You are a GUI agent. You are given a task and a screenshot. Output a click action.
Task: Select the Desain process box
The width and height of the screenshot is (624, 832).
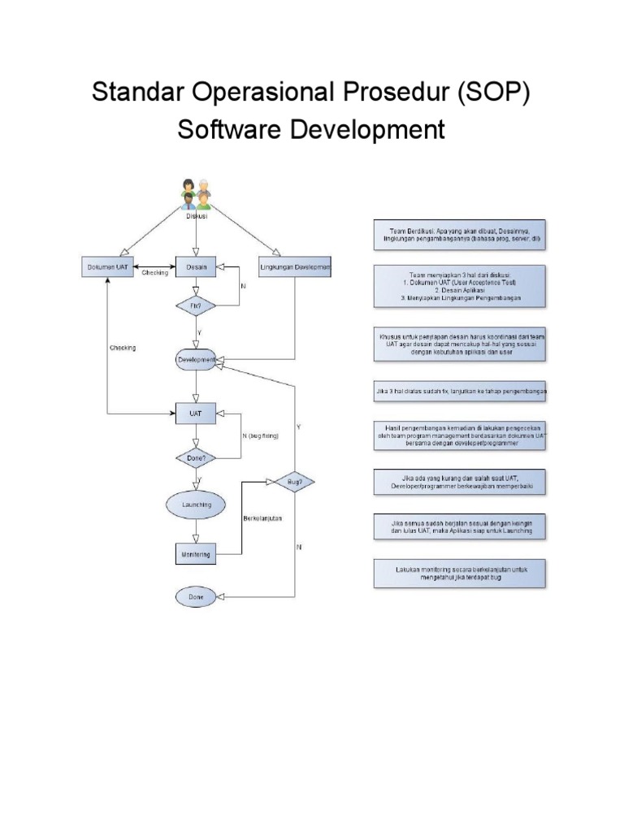(196, 267)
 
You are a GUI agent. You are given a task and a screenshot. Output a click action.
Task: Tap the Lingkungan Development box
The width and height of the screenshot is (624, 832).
(294, 267)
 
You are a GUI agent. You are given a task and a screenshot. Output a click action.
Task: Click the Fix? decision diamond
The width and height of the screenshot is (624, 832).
(196, 305)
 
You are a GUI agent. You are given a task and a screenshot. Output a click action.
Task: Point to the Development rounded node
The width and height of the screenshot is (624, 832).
(196, 359)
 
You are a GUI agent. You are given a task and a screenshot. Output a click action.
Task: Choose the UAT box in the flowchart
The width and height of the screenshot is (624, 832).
(196, 414)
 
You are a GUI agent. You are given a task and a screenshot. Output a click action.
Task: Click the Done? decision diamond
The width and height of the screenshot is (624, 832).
(196, 457)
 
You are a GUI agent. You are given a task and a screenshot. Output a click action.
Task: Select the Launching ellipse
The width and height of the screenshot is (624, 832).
(196, 504)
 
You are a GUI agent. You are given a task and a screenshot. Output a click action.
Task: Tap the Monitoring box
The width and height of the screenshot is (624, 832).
(196, 554)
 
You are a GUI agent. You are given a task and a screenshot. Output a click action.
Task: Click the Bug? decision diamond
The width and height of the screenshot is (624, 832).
(294, 483)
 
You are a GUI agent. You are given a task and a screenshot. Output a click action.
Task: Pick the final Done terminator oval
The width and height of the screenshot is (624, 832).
(196, 597)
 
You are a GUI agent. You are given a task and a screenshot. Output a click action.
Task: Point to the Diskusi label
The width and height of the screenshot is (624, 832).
(197, 216)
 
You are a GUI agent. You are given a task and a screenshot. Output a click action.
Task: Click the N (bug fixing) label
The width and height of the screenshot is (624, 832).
(260, 436)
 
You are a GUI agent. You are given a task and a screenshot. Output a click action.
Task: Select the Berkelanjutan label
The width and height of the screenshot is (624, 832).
(262, 518)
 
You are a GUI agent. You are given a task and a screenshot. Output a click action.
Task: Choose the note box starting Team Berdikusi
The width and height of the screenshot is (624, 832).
(461, 236)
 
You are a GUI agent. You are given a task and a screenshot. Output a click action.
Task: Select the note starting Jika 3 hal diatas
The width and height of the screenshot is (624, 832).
(461, 391)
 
